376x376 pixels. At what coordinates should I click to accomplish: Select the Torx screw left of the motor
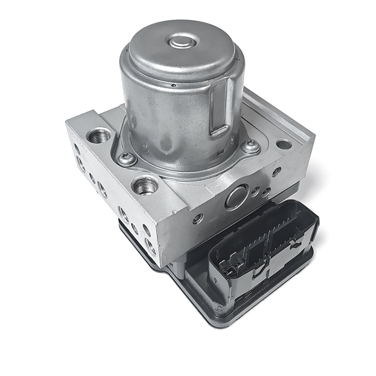[x=127, y=159]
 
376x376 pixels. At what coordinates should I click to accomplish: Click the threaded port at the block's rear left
[x=99, y=136]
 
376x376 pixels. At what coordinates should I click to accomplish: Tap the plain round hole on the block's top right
[x=284, y=144]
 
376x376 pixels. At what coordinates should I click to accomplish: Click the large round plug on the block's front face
[x=236, y=196]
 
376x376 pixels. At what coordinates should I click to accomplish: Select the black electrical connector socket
[x=263, y=244]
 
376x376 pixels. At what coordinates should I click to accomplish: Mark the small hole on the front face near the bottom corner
[x=198, y=219]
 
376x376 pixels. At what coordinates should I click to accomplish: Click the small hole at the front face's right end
[x=277, y=172]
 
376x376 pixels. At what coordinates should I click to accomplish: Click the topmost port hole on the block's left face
[x=77, y=149]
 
